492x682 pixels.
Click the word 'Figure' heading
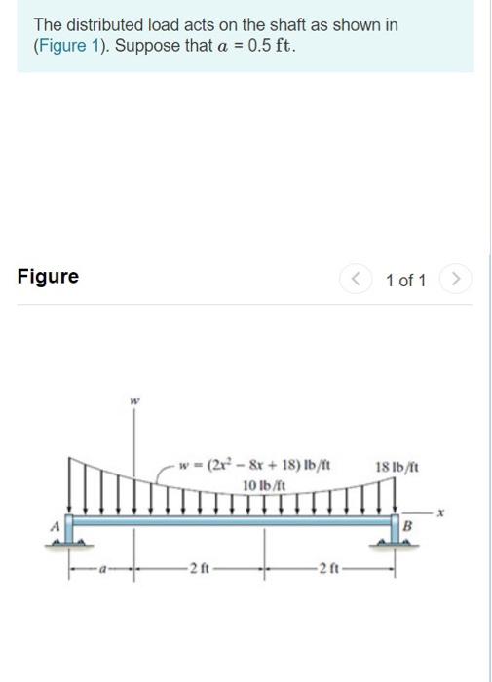click(48, 276)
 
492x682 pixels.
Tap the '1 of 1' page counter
click(405, 281)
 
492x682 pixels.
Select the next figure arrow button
click(454, 281)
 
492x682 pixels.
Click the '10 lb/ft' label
click(261, 484)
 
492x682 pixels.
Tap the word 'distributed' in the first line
click(104, 23)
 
